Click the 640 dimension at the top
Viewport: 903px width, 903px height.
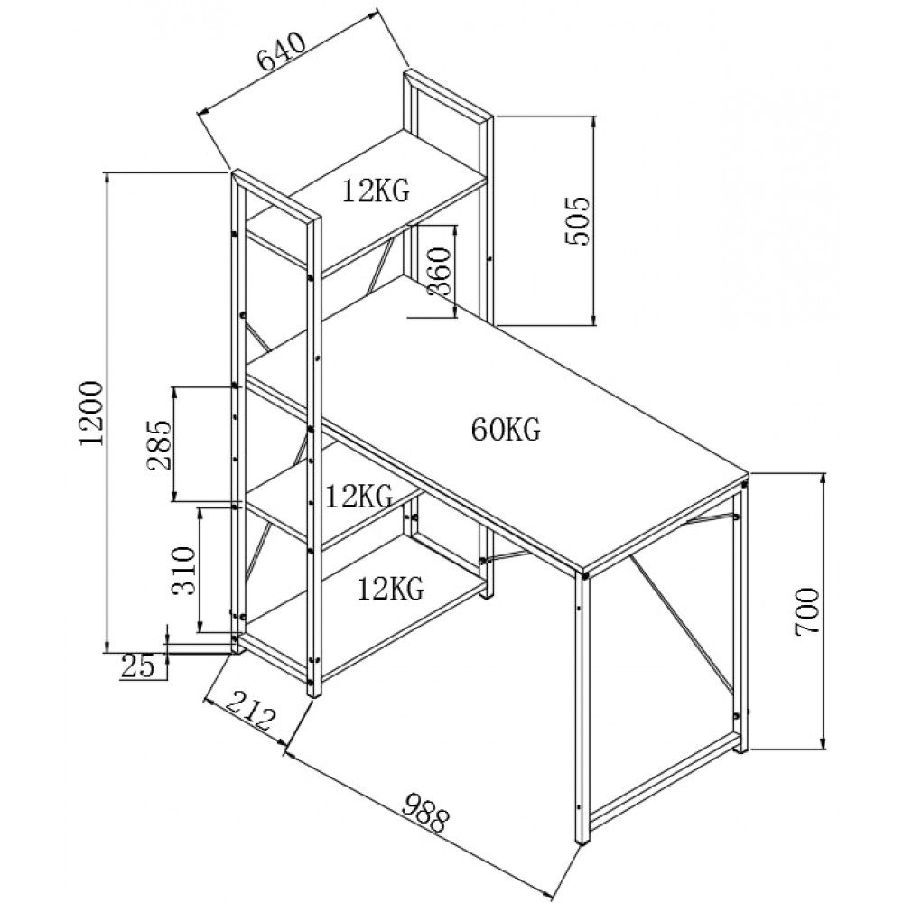pos(284,53)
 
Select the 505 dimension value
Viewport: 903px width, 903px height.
pos(576,220)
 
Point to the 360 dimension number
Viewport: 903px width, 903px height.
pos(438,271)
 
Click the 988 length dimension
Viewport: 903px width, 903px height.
pos(424,812)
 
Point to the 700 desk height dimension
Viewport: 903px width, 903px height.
pos(806,613)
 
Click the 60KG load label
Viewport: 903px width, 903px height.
pos(506,430)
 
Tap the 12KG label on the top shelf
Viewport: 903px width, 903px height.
pos(376,191)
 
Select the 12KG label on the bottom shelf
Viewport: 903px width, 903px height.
pos(390,590)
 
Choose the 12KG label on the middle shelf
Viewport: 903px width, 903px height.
pos(358,496)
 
